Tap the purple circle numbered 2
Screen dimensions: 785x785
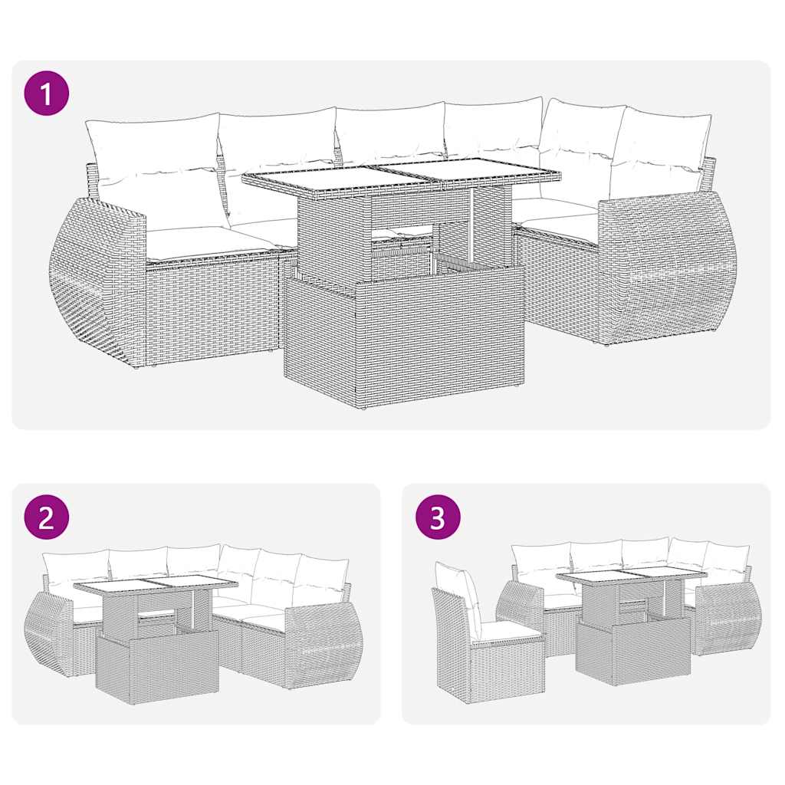[x=47, y=518]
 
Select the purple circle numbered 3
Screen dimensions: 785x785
[x=437, y=518]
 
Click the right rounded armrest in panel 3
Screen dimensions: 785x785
[x=724, y=617]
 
